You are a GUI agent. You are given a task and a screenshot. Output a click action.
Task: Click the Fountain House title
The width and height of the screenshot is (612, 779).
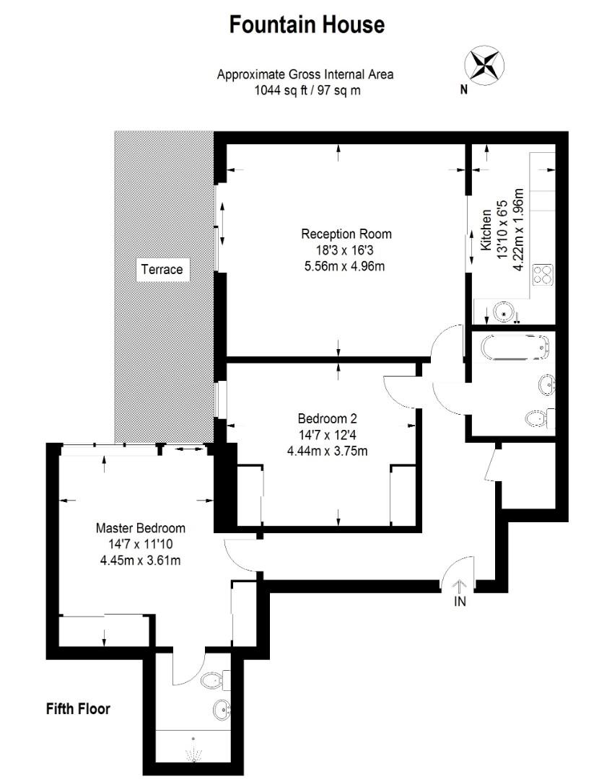click(307, 25)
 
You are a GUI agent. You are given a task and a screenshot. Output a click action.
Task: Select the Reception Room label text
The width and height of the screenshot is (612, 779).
click(346, 234)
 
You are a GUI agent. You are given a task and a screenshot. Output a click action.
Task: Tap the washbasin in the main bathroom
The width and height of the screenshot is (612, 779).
click(546, 384)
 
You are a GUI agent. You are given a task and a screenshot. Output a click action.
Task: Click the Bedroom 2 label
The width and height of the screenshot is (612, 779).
click(328, 418)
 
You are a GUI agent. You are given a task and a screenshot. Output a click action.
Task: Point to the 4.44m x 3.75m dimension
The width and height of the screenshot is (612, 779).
click(328, 452)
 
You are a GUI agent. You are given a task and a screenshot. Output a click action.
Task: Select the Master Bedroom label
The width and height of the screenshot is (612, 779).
click(140, 527)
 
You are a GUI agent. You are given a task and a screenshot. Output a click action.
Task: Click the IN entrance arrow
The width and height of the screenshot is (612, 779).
click(460, 587)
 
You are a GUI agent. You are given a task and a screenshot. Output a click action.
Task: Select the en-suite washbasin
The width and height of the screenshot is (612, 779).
click(221, 710)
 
